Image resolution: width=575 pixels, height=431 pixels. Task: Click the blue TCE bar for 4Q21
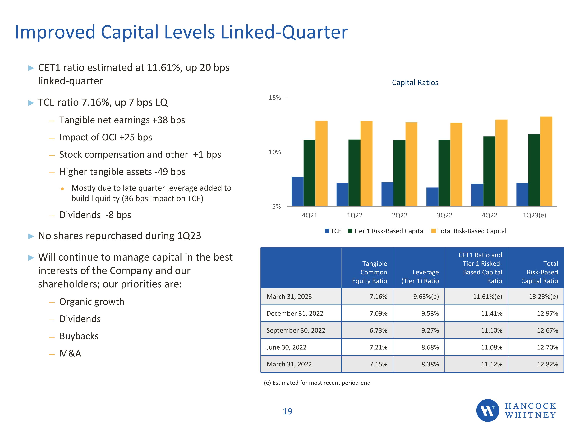[x=297, y=192]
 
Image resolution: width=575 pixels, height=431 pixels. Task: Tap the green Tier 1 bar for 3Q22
[x=444, y=173]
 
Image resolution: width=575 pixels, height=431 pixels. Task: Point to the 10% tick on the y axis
[x=275, y=152]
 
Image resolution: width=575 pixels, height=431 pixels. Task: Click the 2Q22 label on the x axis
[x=400, y=215]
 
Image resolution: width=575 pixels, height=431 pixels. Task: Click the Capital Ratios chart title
[x=415, y=83]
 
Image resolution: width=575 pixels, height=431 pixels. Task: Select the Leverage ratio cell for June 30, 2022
[x=430, y=347]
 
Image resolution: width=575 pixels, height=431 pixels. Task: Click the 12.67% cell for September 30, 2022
[x=547, y=330]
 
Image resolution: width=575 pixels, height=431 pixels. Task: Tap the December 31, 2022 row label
[x=295, y=314]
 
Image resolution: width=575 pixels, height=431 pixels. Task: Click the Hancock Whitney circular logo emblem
[x=487, y=410]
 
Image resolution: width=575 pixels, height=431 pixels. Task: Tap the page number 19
[x=287, y=411]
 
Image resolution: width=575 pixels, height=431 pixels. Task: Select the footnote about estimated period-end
[x=317, y=383]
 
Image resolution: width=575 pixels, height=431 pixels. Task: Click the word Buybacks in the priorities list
[x=79, y=336]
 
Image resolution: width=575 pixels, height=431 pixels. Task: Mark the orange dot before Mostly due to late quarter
[x=62, y=189]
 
